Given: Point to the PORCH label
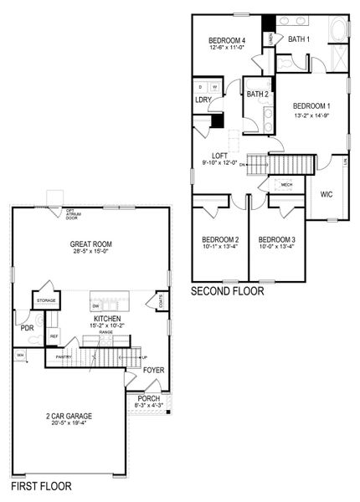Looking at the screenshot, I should (148, 399).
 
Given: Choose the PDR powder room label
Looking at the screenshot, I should (27, 328).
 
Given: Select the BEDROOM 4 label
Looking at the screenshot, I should (226, 42).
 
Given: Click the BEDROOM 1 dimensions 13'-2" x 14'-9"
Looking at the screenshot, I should (311, 116).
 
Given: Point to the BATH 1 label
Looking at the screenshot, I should (299, 39).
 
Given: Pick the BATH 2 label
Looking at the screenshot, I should (257, 94).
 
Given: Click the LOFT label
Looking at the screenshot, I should (220, 155).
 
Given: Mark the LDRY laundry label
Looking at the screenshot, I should (202, 100).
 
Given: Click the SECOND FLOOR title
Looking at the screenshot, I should (227, 292).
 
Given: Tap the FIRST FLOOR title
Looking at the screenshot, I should (41, 485).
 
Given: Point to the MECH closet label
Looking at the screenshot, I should (286, 185).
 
